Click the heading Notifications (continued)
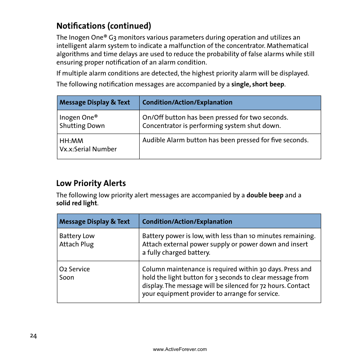click(x=104, y=26)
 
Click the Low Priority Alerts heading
click(x=91, y=183)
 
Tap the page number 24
click(x=34, y=336)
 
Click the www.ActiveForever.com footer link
click(x=180, y=349)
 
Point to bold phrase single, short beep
click(x=257, y=85)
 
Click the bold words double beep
click(x=265, y=195)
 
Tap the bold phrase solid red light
click(x=77, y=203)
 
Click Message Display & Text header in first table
click(x=95, y=103)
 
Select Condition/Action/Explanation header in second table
click(x=187, y=222)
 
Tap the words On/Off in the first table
click(x=153, y=118)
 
